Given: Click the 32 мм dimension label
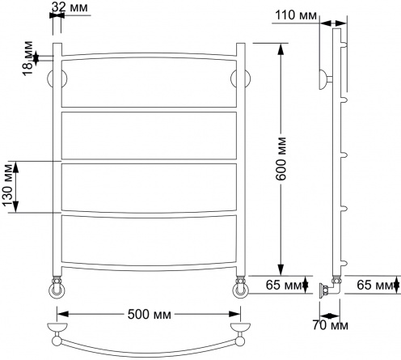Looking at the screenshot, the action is tap(70, 7).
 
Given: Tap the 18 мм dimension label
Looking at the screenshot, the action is tap(27, 58).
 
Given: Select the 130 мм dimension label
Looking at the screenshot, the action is tap(7, 185).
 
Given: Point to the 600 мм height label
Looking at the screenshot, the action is tap(281, 159).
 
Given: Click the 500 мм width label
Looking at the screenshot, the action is tap(150, 314).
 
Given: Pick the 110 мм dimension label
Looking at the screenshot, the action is tap(296, 15).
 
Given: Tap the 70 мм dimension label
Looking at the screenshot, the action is tap(330, 325).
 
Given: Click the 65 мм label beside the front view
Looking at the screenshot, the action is tap(284, 285).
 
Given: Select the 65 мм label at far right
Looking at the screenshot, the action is tap(375, 285).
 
